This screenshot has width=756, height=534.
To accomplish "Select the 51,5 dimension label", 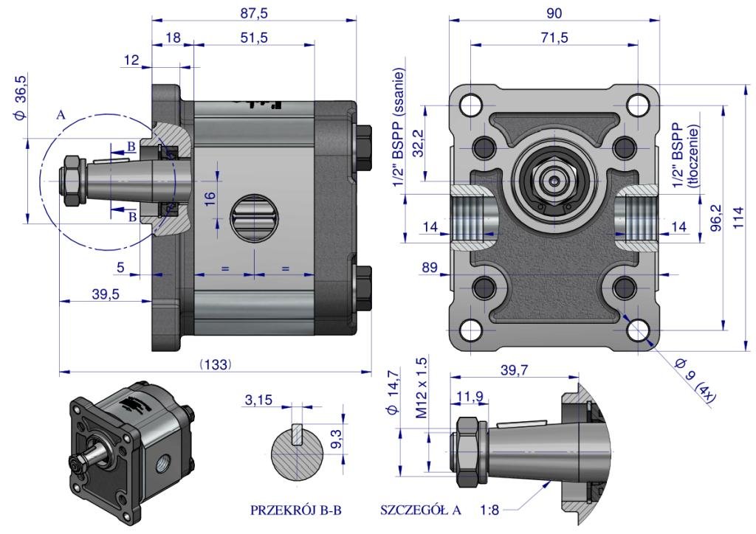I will (x=253, y=38).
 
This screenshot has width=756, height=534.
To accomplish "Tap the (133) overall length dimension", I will (x=216, y=364).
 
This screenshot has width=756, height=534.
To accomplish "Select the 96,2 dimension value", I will (x=715, y=218).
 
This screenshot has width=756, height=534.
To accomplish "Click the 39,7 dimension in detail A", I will (x=515, y=370).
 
